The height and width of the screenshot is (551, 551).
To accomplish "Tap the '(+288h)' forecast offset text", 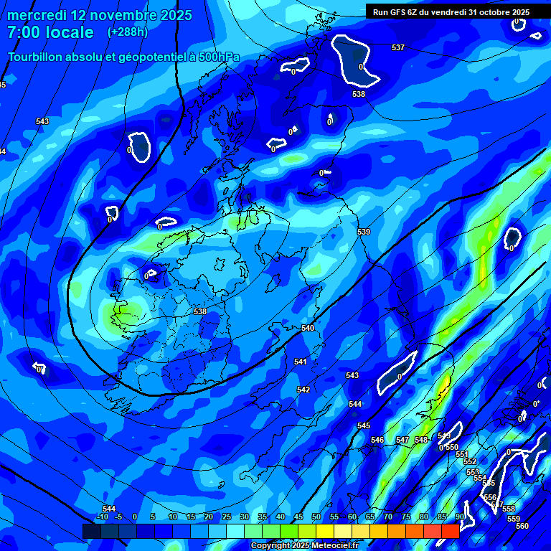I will (x=128, y=32).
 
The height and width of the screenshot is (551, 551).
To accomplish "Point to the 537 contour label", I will (x=398, y=48).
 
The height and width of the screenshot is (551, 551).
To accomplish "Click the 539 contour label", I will (x=364, y=232).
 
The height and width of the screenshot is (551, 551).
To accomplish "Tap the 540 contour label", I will (x=308, y=328).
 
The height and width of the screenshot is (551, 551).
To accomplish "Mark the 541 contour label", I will (x=301, y=362).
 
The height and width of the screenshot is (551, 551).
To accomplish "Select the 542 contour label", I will (x=303, y=390).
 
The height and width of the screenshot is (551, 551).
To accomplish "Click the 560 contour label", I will (x=522, y=526).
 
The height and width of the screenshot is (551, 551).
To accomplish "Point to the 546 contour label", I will (x=377, y=440).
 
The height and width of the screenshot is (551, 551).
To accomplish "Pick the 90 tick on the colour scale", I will (x=459, y=517).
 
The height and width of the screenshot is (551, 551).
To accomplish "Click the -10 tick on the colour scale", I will (x=103, y=517).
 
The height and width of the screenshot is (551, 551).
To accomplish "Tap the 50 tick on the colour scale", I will (x=316, y=517).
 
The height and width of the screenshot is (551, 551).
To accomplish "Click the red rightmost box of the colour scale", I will (x=450, y=531).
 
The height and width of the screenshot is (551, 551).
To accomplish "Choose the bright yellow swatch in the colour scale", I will (x=324, y=531).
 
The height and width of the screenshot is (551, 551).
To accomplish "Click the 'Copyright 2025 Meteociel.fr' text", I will (x=304, y=546).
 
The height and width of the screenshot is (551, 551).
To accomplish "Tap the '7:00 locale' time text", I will (x=50, y=32).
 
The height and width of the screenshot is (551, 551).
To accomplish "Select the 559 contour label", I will (x=513, y=519).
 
